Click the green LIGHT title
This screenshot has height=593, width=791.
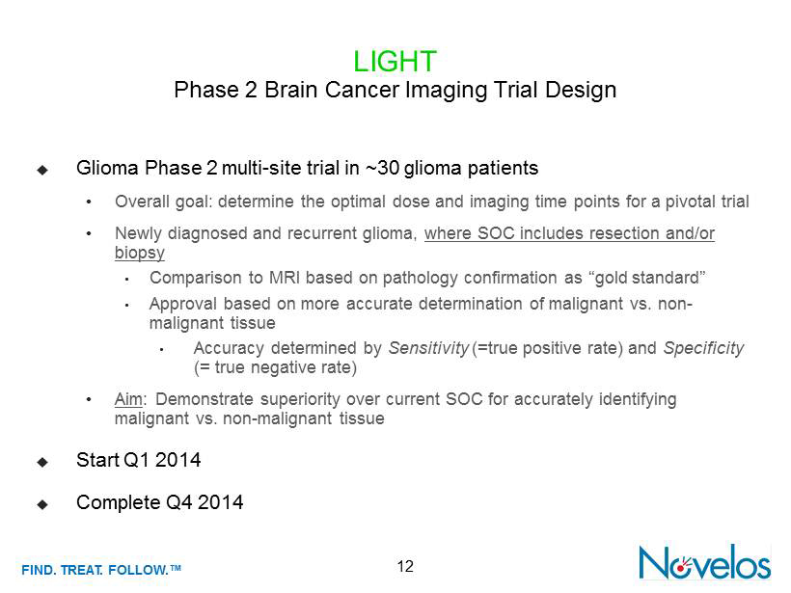tap(395, 62)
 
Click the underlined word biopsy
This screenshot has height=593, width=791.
tap(140, 253)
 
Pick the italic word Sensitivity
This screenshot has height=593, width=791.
tap(429, 348)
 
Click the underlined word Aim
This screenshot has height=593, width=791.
tap(128, 399)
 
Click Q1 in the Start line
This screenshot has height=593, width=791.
tap(136, 460)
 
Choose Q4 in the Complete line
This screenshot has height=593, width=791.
tap(178, 502)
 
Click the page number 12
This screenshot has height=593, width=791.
tap(405, 567)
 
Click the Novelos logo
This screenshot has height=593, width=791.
tap(704, 562)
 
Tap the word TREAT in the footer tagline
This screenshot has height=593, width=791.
tap(81, 570)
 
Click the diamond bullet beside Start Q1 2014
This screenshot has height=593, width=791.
tap(42, 462)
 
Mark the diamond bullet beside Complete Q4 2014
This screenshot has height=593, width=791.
tap(42, 504)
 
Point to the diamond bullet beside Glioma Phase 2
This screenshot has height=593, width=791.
tap(42, 170)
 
